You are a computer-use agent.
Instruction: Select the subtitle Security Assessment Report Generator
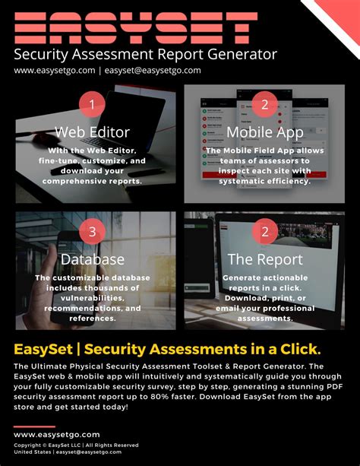click(x=145, y=54)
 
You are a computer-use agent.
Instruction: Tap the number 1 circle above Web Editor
click(x=92, y=104)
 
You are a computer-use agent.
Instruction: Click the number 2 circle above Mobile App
click(x=264, y=104)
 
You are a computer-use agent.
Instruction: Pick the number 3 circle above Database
click(x=92, y=232)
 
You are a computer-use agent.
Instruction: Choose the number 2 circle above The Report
click(x=264, y=232)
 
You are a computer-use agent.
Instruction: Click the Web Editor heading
click(x=93, y=132)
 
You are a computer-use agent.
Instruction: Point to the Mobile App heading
click(x=265, y=132)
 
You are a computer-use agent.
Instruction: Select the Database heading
click(x=93, y=260)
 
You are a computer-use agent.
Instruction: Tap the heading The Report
click(x=264, y=260)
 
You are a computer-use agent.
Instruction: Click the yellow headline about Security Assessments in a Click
click(x=167, y=349)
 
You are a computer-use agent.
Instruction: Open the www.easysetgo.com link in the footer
click(x=57, y=435)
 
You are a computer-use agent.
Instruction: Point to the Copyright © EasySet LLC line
click(x=76, y=445)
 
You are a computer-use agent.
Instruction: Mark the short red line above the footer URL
click(x=34, y=426)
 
